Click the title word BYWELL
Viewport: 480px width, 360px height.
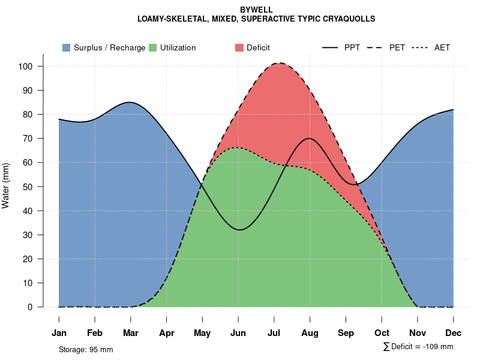coord(256,10)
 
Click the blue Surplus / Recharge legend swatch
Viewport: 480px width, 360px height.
coord(66,47)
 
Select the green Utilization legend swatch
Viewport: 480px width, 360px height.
coord(152,47)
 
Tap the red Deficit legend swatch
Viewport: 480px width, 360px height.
coord(239,47)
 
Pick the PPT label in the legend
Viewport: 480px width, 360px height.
coord(352,47)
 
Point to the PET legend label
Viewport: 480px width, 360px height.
coord(397,47)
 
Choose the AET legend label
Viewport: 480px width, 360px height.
coord(442,47)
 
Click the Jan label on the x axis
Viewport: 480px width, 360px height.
coord(59,333)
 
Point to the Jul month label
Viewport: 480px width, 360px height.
coord(274,333)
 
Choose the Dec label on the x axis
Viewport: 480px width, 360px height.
coord(454,333)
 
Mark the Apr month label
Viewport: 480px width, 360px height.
coord(167,333)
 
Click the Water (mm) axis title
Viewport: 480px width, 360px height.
coord(6,186)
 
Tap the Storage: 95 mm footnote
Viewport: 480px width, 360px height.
coord(86,349)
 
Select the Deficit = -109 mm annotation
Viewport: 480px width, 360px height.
coord(421,347)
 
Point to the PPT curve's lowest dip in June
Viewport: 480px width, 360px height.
coord(240,230)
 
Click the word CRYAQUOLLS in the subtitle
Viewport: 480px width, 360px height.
coord(346,19)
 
